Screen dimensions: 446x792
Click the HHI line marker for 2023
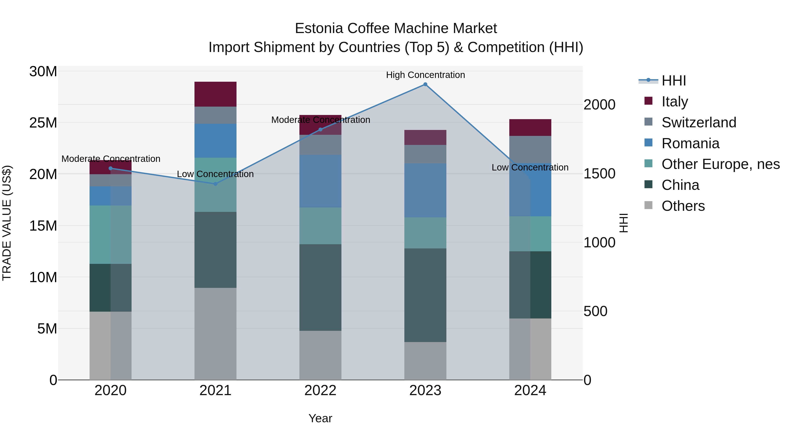tap(425, 84)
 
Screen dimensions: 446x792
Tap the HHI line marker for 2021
tap(215, 184)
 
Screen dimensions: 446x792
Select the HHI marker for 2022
tap(320, 130)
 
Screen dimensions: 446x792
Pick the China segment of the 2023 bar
tap(425, 295)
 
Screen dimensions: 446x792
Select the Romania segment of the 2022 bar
tap(320, 181)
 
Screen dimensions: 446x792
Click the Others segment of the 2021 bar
tap(215, 334)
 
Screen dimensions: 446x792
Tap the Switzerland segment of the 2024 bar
tap(530, 149)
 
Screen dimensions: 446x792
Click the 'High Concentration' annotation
tap(425, 75)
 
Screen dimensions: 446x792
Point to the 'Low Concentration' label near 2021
tap(215, 174)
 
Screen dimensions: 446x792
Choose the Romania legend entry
tap(690, 143)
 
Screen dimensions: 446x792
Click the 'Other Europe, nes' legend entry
tap(720, 164)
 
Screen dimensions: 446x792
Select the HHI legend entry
tap(673, 81)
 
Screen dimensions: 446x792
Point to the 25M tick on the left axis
tap(43, 123)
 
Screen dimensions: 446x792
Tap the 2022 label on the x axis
tap(320, 390)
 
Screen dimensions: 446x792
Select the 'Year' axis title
tap(320, 418)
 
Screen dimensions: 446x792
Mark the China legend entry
tap(680, 185)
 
